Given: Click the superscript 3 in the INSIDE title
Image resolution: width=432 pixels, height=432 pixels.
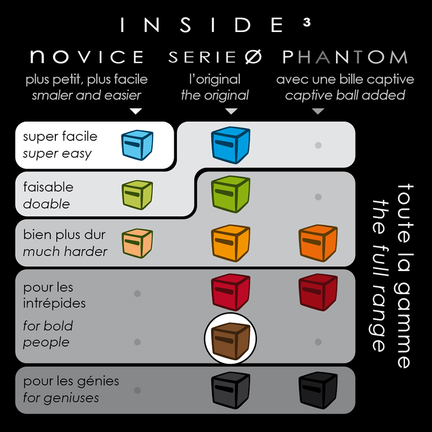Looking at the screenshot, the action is click(x=307, y=22).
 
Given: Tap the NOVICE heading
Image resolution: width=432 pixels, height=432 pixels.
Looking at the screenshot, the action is click(x=87, y=57).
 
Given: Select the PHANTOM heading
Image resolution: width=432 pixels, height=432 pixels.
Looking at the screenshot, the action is click(x=345, y=57).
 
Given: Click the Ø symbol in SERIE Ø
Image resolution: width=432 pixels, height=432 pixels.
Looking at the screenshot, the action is click(x=253, y=57).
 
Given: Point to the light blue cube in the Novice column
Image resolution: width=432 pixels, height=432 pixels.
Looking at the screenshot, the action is click(x=137, y=145).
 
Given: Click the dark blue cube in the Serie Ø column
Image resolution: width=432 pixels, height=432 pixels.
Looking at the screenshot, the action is click(x=231, y=145).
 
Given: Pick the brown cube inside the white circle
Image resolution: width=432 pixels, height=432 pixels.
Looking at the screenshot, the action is click(x=231, y=341).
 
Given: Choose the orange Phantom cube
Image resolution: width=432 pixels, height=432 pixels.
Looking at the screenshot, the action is click(x=318, y=243).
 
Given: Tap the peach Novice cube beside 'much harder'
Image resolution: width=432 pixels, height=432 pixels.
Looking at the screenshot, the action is click(x=137, y=243).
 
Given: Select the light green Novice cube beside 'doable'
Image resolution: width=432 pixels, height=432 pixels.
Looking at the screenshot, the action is click(x=137, y=195).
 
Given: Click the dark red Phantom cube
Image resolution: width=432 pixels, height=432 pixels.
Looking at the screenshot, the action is click(x=318, y=292).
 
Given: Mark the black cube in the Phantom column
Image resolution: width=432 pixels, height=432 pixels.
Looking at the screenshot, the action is click(x=318, y=390).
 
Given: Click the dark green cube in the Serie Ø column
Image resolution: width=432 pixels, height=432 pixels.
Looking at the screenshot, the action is click(x=231, y=194).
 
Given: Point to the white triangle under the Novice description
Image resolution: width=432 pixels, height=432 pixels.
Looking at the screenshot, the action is click(x=136, y=111).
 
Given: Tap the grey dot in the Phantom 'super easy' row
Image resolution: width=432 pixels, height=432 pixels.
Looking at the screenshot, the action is click(x=318, y=145).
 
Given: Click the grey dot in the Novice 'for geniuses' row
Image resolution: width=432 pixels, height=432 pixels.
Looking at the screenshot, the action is click(x=137, y=390).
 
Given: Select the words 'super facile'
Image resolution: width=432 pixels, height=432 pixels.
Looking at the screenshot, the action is click(x=60, y=136).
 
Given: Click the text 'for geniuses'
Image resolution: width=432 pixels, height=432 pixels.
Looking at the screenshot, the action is click(x=61, y=398).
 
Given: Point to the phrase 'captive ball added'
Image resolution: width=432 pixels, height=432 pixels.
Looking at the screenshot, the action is click(x=345, y=96).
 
